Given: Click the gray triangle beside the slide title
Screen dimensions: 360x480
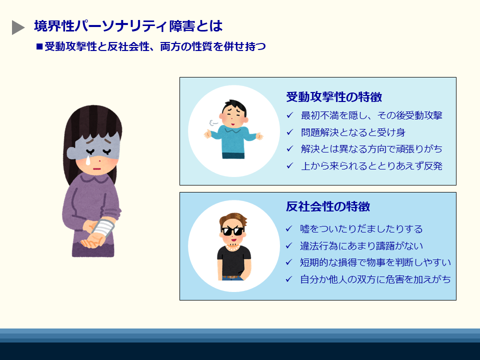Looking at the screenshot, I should click(x=18, y=28).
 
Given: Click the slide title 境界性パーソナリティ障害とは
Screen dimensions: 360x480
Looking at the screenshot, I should click(x=128, y=26).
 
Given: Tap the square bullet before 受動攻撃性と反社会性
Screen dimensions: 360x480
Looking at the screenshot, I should click(x=39, y=47).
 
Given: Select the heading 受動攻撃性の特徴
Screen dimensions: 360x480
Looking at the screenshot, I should click(x=334, y=96).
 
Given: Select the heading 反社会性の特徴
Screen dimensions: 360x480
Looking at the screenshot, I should click(x=328, y=206).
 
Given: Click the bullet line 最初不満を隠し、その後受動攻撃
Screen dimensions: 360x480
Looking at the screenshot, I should click(x=371, y=115).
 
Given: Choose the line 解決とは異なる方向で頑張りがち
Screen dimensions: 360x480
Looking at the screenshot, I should click(x=371, y=149).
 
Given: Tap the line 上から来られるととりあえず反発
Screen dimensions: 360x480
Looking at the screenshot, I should click(x=371, y=166).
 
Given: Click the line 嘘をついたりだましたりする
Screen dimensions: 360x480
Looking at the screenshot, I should click(x=361, y=229).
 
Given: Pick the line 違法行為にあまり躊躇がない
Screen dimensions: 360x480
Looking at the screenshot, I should click(x=361, y=245).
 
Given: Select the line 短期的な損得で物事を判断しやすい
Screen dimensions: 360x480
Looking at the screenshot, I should click(x=375, y=262).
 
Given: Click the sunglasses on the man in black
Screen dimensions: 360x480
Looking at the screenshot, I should click(x=233, y=231).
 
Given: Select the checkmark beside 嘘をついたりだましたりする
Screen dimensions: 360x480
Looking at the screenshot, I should click(x=288, y=229).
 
